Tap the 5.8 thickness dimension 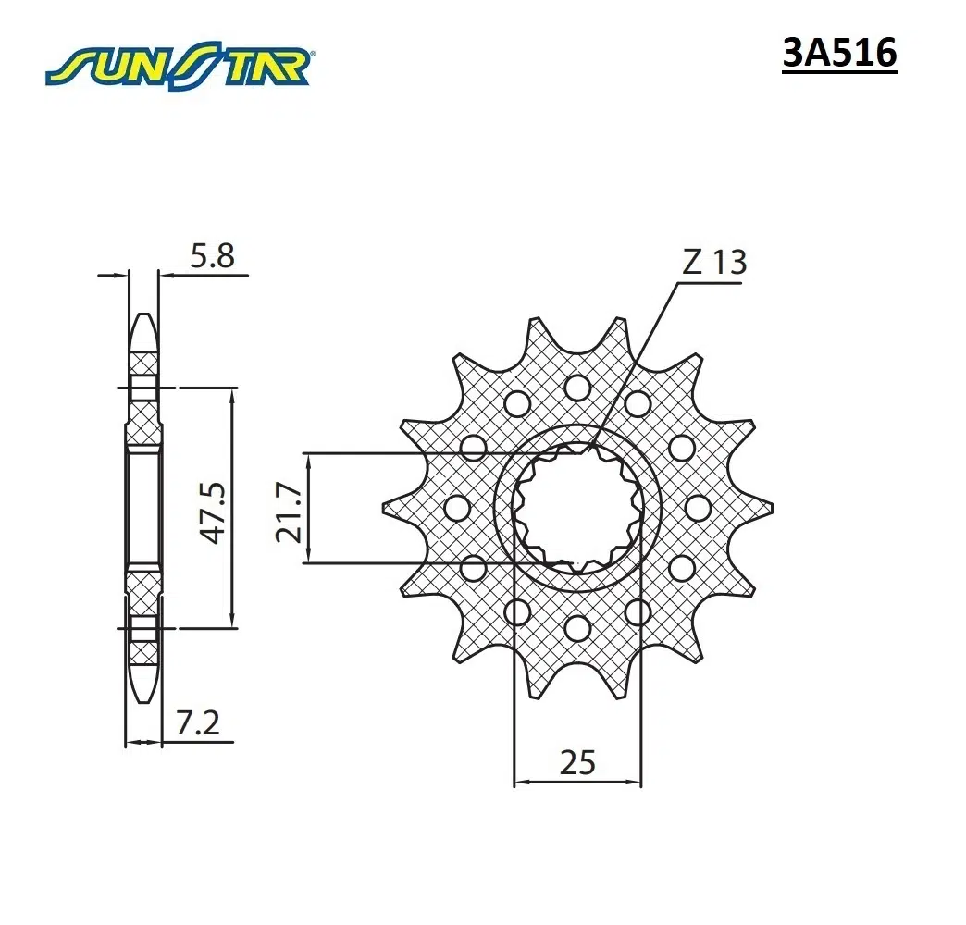tap(212, 255)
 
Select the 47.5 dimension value tap(215, 513)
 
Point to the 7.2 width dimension tap(197, 723)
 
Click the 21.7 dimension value tap(289, 512)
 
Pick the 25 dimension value tap(577, 762)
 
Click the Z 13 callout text tap(714, 262)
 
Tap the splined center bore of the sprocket tap(578, 508)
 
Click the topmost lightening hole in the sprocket tap(577, 388)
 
